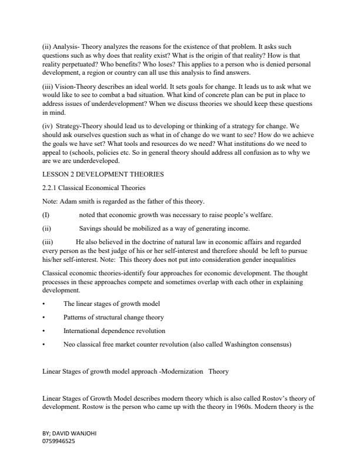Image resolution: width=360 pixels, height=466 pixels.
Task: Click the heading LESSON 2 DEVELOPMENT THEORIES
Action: tap(103, 175)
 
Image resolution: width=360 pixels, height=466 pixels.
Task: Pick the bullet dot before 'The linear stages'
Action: tap(45, 304)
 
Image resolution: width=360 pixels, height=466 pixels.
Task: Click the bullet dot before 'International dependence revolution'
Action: tap(45, 331)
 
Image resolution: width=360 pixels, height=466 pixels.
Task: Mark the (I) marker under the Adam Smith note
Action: tap(46, 215)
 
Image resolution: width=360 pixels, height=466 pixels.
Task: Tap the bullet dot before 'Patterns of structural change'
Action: tap(45, 318)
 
